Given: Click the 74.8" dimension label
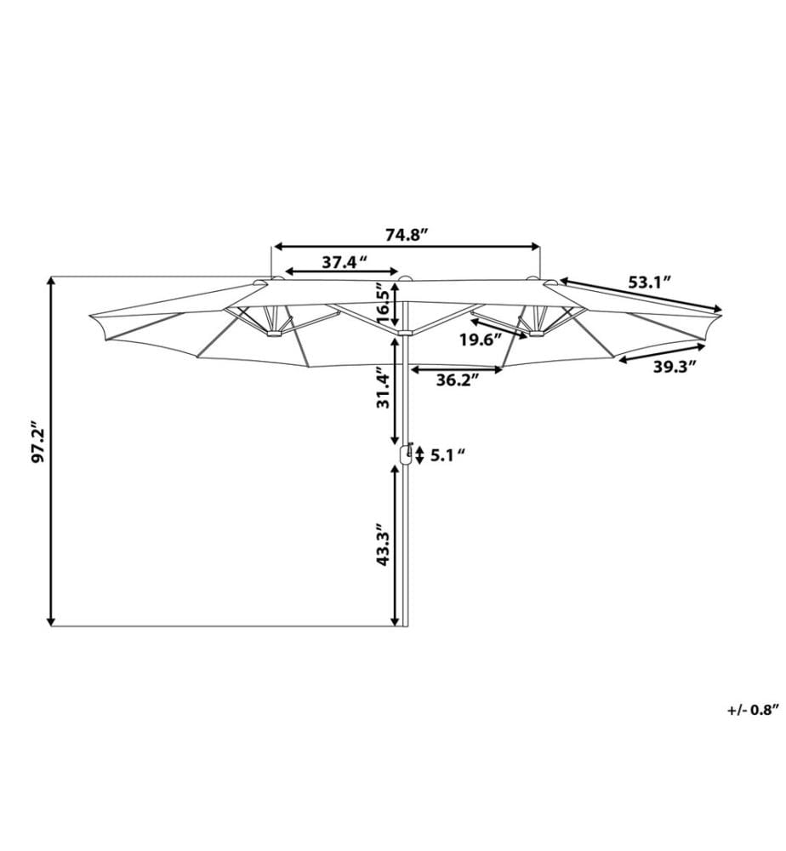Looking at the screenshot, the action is [x=407, y=235].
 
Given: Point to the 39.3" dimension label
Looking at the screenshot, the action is [x=674, y=367].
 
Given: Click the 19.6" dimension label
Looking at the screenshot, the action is [x=481, y=340].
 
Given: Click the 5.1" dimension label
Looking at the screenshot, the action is [x=448, y=454].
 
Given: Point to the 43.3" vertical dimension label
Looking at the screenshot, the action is [x=383, y=545].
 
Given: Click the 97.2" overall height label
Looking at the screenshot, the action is [x=37, y=442].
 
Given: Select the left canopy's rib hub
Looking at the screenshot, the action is [x=273, y=334].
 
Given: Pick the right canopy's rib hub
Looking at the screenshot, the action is [x=536, y=334].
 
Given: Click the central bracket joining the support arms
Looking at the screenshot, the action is [x=405, y=332].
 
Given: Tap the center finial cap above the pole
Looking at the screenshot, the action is [x=404, y=279].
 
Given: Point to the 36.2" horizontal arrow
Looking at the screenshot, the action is [x=457, y=370].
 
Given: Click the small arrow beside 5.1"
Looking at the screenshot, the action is [x=419, y=455].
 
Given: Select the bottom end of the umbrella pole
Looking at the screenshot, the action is [x=405, y=625].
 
